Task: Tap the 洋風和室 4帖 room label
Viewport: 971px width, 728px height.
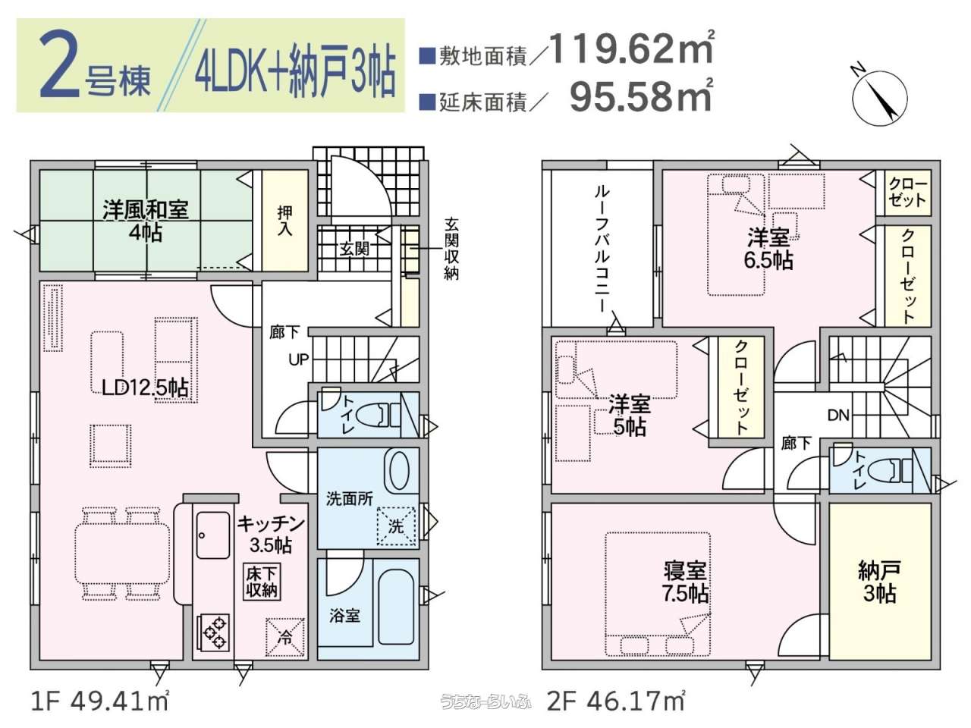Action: click(146, 220)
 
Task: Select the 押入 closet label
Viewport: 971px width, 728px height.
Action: click(285, 221)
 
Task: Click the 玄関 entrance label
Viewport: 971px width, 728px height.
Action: click(354, 249)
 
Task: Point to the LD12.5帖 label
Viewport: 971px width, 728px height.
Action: click(145, 388)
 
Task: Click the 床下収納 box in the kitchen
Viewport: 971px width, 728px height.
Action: click(262, 582)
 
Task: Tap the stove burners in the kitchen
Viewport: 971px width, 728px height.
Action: click(212, 632)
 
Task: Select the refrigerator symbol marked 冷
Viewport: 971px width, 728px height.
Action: click(285, 637)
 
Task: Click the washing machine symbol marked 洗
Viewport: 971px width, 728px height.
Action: click(396, 526)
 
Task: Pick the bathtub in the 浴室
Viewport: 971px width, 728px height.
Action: click(396, 607)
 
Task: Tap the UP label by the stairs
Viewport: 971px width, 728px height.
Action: click(299, 359)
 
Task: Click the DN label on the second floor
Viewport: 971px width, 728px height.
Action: click(838, 415)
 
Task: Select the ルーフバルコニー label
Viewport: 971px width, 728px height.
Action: click(601, 249)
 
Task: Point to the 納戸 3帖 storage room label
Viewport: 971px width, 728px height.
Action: click(879, 582)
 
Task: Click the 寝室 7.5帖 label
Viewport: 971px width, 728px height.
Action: click(685, 582)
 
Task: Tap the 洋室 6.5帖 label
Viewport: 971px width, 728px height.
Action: click(768, 249)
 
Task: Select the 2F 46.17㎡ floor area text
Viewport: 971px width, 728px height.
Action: click(616, 702)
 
